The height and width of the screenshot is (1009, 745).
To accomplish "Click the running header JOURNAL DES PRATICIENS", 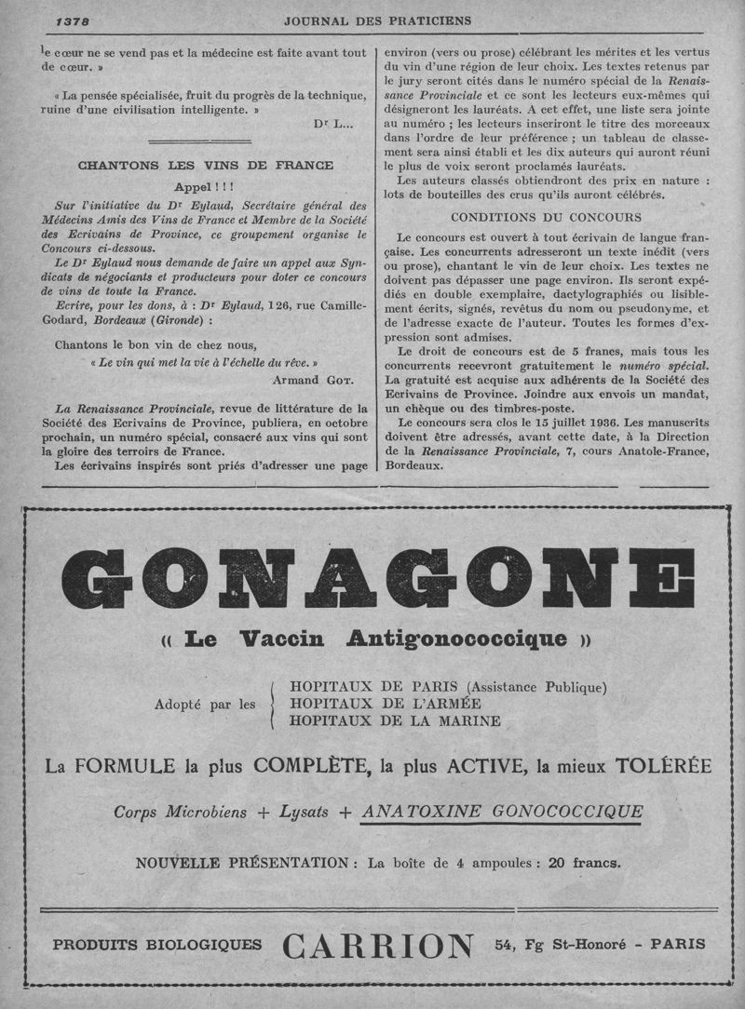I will pos(377,20).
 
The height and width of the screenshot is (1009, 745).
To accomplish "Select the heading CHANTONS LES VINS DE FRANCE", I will pos(205,166).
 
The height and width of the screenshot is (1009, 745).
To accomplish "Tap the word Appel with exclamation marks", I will pos(204,187).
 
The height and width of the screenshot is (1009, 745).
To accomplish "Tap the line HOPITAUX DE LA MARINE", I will pos(395,720).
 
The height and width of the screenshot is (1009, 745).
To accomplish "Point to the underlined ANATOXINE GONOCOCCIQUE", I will pos(503,812).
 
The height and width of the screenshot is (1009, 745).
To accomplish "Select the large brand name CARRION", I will pos(378,947).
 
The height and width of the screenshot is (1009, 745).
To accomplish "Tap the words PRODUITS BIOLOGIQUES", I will pos(157,945).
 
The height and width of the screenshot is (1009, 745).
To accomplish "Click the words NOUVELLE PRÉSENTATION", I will pos(242,862).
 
